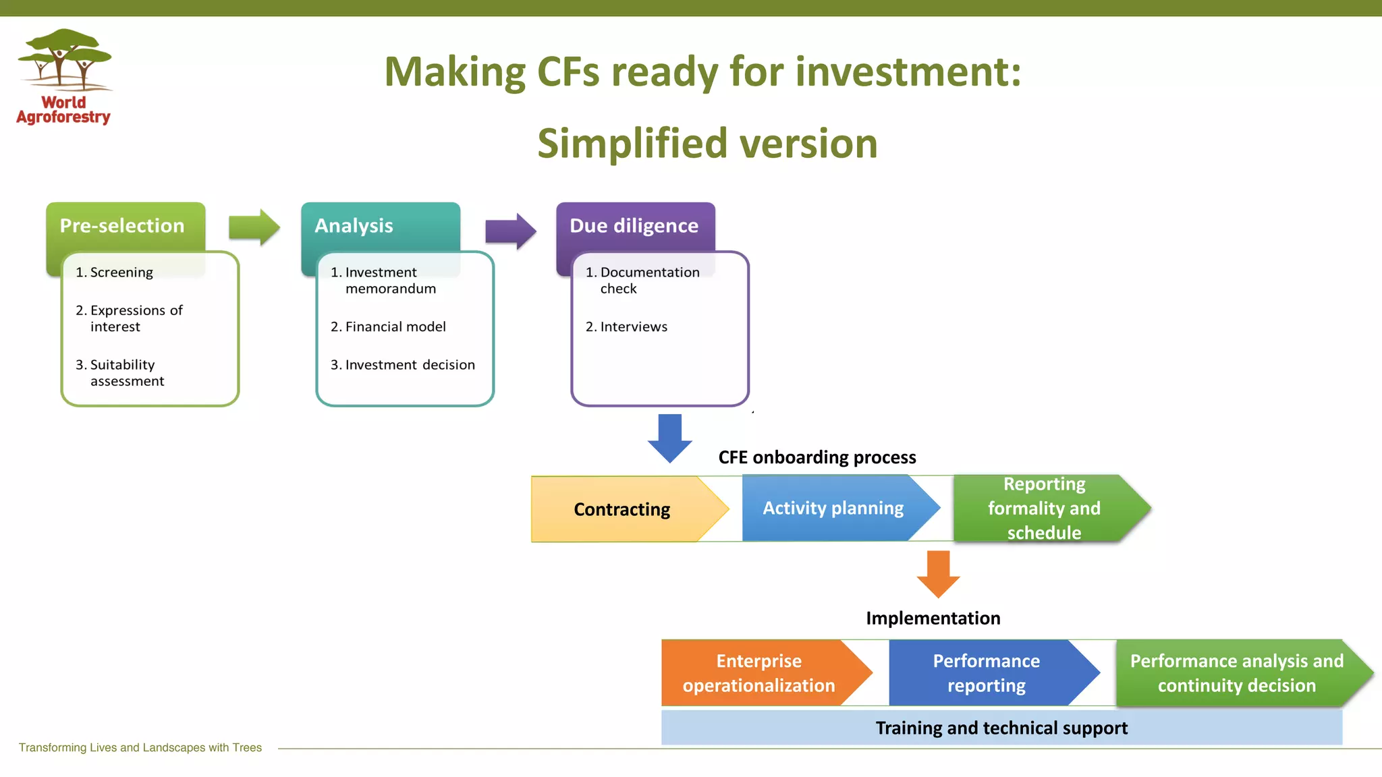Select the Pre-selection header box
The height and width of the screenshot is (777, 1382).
coord(122,226)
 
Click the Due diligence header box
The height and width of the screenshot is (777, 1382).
coord(634,226)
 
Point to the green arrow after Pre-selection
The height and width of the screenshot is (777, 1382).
coord(254,227)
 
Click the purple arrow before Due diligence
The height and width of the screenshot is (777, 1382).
coord(510,231)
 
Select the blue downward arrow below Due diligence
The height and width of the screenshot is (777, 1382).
coord(669,438)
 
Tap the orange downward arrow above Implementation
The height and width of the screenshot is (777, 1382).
coord(938,573)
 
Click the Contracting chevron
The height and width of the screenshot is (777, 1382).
coord(622,509)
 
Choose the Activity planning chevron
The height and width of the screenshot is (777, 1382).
coord(833,508)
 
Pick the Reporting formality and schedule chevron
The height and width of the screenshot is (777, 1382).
coord(1044,508)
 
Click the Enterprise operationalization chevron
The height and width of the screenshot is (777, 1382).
coord(759,673)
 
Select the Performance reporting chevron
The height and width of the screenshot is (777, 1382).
coord(986,673)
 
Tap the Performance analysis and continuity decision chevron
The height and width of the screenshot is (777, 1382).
coord(1236,673)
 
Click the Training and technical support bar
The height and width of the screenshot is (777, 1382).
coord(1001,728)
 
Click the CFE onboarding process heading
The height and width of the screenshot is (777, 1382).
coord(817,457)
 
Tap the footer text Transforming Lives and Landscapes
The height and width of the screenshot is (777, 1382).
coord(140,747)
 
